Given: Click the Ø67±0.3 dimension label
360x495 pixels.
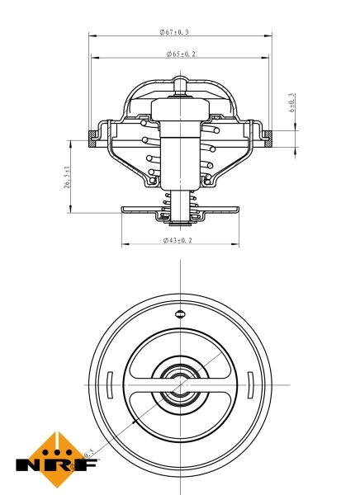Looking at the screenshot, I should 174,31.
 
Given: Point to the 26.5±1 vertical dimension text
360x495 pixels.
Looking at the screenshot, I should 67,177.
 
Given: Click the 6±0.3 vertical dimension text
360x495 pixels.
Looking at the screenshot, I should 291,101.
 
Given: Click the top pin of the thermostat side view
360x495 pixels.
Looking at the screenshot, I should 180,84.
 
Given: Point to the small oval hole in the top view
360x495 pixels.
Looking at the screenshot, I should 180,313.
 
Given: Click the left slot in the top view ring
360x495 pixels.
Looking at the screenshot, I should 109,385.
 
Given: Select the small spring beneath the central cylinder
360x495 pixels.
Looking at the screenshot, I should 179,205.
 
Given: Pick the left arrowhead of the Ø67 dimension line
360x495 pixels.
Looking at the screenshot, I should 91,36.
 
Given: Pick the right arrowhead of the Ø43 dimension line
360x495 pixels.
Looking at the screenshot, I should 235,245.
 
